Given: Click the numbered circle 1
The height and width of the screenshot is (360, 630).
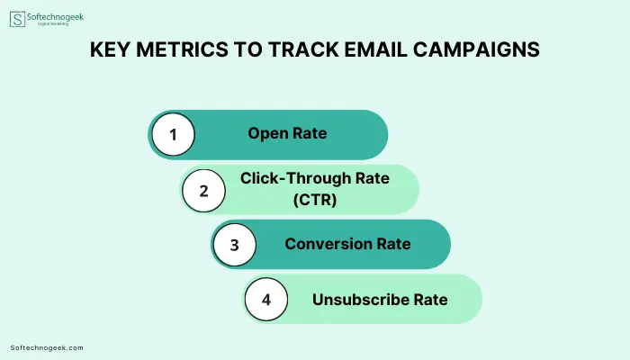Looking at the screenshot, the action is click(x=173, y=134).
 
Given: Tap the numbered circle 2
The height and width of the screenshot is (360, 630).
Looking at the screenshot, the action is click(x=203, y=191).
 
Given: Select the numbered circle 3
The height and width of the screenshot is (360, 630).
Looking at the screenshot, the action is click(x=235, y=245).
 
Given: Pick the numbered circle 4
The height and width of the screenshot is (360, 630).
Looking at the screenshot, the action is click(x=266, y=300).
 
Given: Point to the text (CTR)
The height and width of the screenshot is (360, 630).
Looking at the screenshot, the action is click(x=315, y=199).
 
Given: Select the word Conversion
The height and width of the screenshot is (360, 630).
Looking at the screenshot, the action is click(x=328, y=244).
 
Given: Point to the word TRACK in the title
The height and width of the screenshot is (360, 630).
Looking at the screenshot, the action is click(x=303, y=49).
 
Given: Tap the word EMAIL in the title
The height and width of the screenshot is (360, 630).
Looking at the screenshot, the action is click(x=376, y=49).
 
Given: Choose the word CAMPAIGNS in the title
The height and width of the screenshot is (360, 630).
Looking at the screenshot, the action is click(x=476, y=49).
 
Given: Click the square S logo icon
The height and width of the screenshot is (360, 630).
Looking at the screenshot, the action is click(x=17, y=19).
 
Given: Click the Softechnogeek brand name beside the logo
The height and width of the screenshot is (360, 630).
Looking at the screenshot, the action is click(x=56, y=17).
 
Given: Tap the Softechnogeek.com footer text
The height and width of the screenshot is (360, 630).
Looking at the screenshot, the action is click(x=47, y=348).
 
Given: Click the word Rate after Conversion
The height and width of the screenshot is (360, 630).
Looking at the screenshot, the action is click(x=393, y=244).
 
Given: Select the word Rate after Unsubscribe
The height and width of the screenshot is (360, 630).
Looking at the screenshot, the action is click(x=431, y=300).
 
